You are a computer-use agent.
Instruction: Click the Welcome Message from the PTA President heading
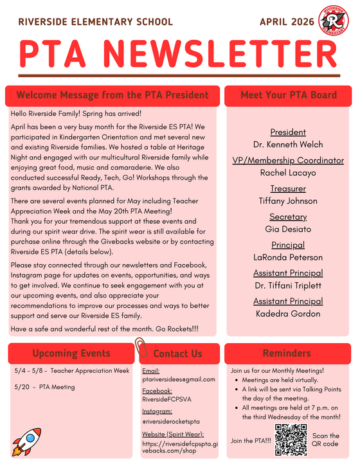pos(113,95)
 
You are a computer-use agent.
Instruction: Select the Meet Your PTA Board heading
pos(289,95)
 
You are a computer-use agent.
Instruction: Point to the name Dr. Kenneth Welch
pos(289,144)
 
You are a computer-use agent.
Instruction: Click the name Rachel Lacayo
pos(289,172)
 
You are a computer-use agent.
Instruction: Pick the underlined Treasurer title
pos(288,188)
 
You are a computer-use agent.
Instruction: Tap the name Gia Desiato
pos(289,229)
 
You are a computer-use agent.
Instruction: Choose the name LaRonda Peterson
pos(289,257)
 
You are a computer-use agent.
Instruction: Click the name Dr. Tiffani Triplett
pos(289,285)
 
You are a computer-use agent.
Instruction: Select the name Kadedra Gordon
pos(289,314)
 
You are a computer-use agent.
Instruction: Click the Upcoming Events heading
pos(71,353)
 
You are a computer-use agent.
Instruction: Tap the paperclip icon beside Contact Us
pos(143,350)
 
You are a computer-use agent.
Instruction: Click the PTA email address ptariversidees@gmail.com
pos(179,379)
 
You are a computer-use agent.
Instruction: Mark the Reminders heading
pos(287,353)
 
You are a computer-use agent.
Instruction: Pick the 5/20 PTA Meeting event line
pos(44,387)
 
